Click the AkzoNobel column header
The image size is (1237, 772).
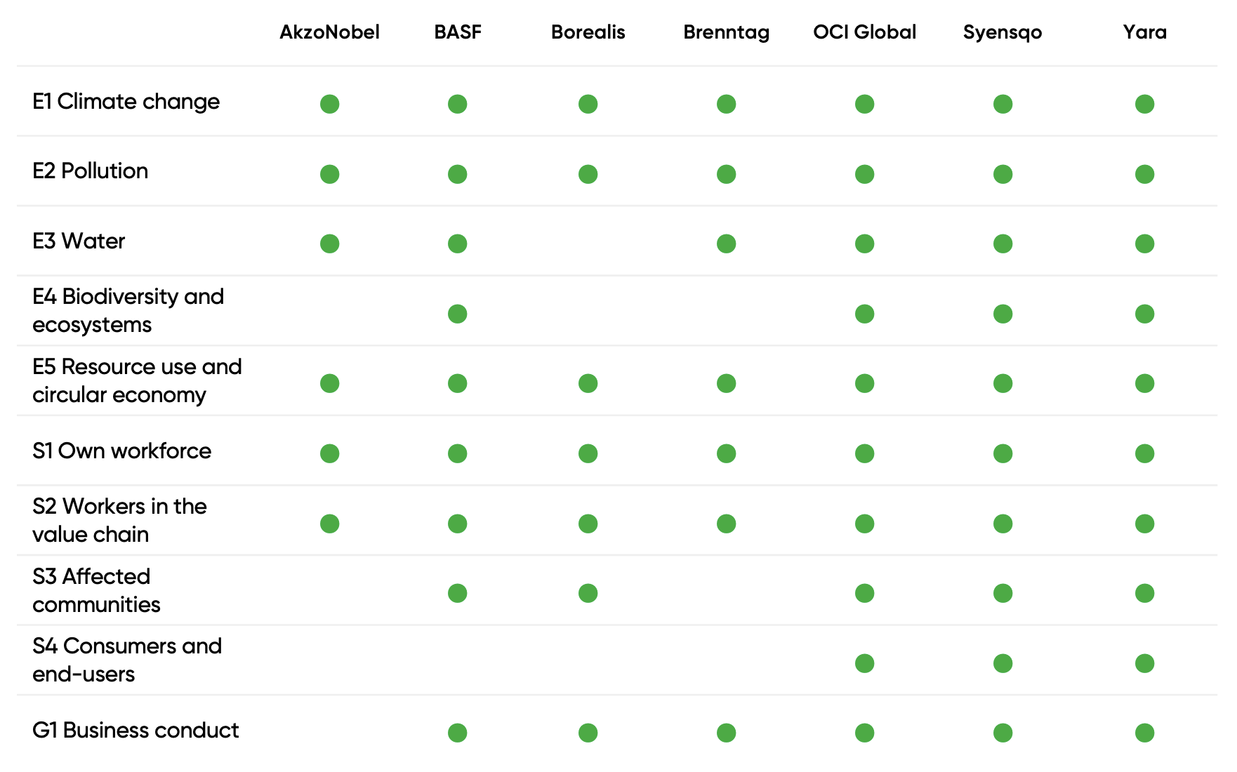(x=329, y=32)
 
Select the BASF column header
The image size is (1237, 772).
(x=458, y=32)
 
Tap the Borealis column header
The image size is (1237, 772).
(x=588, y=32)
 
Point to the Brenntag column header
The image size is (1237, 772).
(x=726, y=32)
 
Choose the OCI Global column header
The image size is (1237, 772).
(x=864, y=32)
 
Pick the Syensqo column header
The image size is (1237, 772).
(x=1003, y=32)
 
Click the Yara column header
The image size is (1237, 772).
(x=1144, y=32)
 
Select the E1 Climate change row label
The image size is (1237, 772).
(x=126, y=102)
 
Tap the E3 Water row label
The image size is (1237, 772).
(x=79, y=241)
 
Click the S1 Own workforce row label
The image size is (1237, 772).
(x=121, y=451)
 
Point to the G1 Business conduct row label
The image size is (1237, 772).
(x=135, y=731)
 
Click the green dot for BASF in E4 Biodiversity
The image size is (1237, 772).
(x=458, y=314)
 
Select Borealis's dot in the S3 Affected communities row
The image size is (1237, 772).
(x=588, y=593)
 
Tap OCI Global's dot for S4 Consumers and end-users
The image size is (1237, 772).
(x=864, y=663)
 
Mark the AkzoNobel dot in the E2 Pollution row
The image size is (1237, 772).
(x=330, y=174)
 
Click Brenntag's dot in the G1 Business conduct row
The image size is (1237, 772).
(x=726, y=733)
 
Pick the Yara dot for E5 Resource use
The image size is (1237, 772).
(x=1144, y=383)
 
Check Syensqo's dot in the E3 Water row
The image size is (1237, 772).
(x=1003, y=244)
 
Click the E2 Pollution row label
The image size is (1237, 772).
(x=91, y=171)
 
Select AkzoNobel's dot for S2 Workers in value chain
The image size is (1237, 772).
(x=330, y=524)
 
